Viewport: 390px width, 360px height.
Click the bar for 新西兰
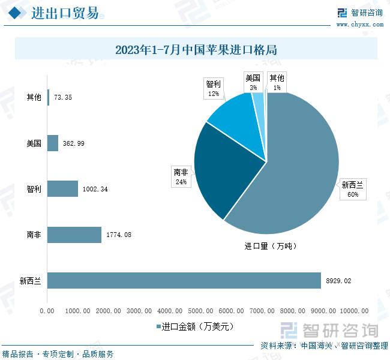coord(184,280)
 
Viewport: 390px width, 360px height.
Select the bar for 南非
coord(74,235)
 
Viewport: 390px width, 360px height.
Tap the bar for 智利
coord(62,189)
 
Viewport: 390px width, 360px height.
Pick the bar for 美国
coord(53,143)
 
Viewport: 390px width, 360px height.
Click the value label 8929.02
coord(339,280)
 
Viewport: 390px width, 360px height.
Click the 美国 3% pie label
coord(253,82)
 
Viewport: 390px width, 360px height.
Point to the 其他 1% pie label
coord(277,82)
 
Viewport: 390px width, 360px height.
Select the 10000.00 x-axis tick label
coord(354,310)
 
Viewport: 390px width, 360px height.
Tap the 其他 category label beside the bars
coord(34,97)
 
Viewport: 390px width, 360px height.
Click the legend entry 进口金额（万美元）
coord(196,326)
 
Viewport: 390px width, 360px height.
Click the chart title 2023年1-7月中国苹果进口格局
coord(196,50)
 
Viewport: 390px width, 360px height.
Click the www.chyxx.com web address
coord(360,25)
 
